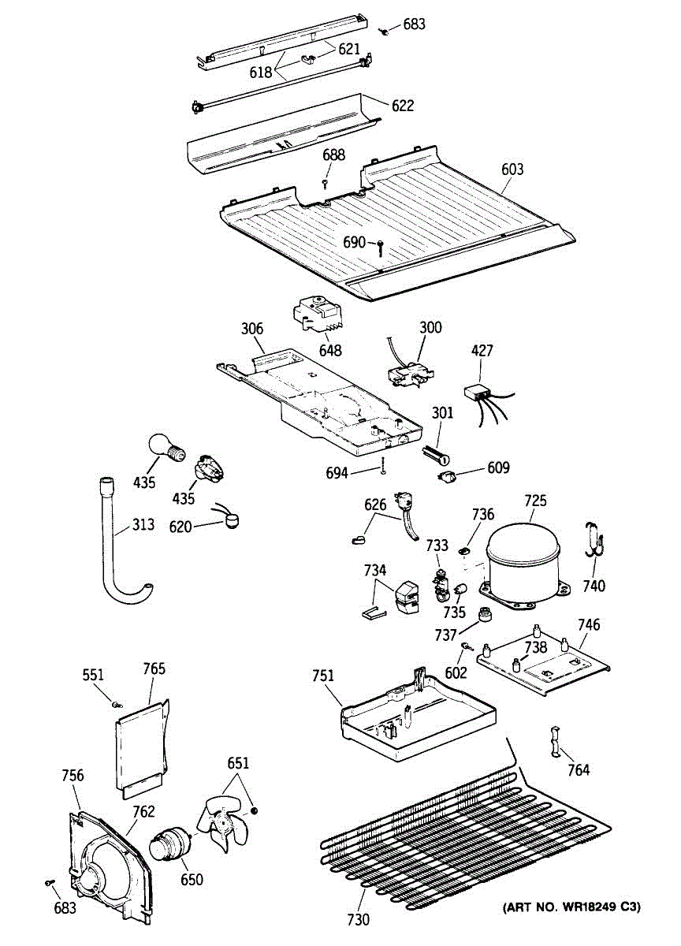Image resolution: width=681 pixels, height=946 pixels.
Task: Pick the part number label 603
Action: [512, 169]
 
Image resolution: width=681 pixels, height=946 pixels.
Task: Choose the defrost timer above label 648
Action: [319, 315]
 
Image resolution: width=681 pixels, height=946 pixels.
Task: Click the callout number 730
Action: [357, 918]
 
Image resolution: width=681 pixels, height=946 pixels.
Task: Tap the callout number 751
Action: [322, 676]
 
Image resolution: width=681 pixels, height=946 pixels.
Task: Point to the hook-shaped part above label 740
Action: [594, 540]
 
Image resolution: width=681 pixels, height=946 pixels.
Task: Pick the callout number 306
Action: [251, 330]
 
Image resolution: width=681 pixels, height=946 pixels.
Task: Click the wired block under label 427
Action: [478, 391]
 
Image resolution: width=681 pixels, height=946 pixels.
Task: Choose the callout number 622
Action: [402, 106]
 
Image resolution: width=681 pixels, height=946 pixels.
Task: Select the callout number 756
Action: [73, 776]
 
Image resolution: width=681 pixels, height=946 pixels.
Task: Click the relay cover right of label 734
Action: [407, 595]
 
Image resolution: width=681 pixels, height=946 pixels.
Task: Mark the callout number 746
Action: [589, 625]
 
